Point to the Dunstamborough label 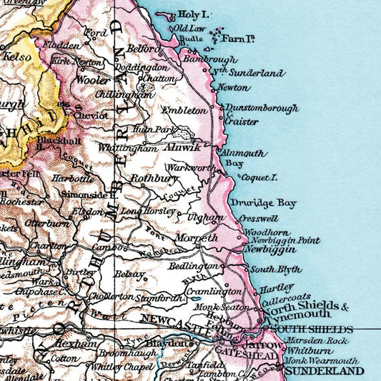pos(262,109)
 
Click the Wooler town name pos(94,81)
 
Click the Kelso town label pos(14,54)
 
